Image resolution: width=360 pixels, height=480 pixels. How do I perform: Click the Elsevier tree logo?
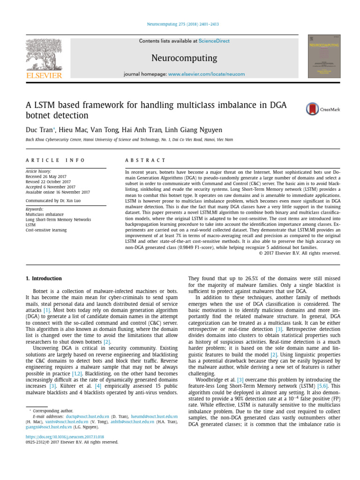(x=44, y=55)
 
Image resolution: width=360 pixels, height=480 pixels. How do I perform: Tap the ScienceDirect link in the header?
(x=214, y=41)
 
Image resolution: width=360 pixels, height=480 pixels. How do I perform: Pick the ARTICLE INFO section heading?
(x=55, y=160)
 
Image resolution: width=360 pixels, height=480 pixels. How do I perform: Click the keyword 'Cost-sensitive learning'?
(x=46, y=230)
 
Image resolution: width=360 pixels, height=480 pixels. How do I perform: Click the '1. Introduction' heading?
(x=44, y=278)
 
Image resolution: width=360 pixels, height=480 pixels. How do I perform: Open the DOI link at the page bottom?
(x=65, y=436)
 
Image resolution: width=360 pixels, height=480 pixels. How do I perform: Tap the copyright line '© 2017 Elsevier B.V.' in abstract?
(x=300, y=253)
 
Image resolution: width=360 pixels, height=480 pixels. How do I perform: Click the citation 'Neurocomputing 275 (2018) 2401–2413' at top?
(x=180, y=24)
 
